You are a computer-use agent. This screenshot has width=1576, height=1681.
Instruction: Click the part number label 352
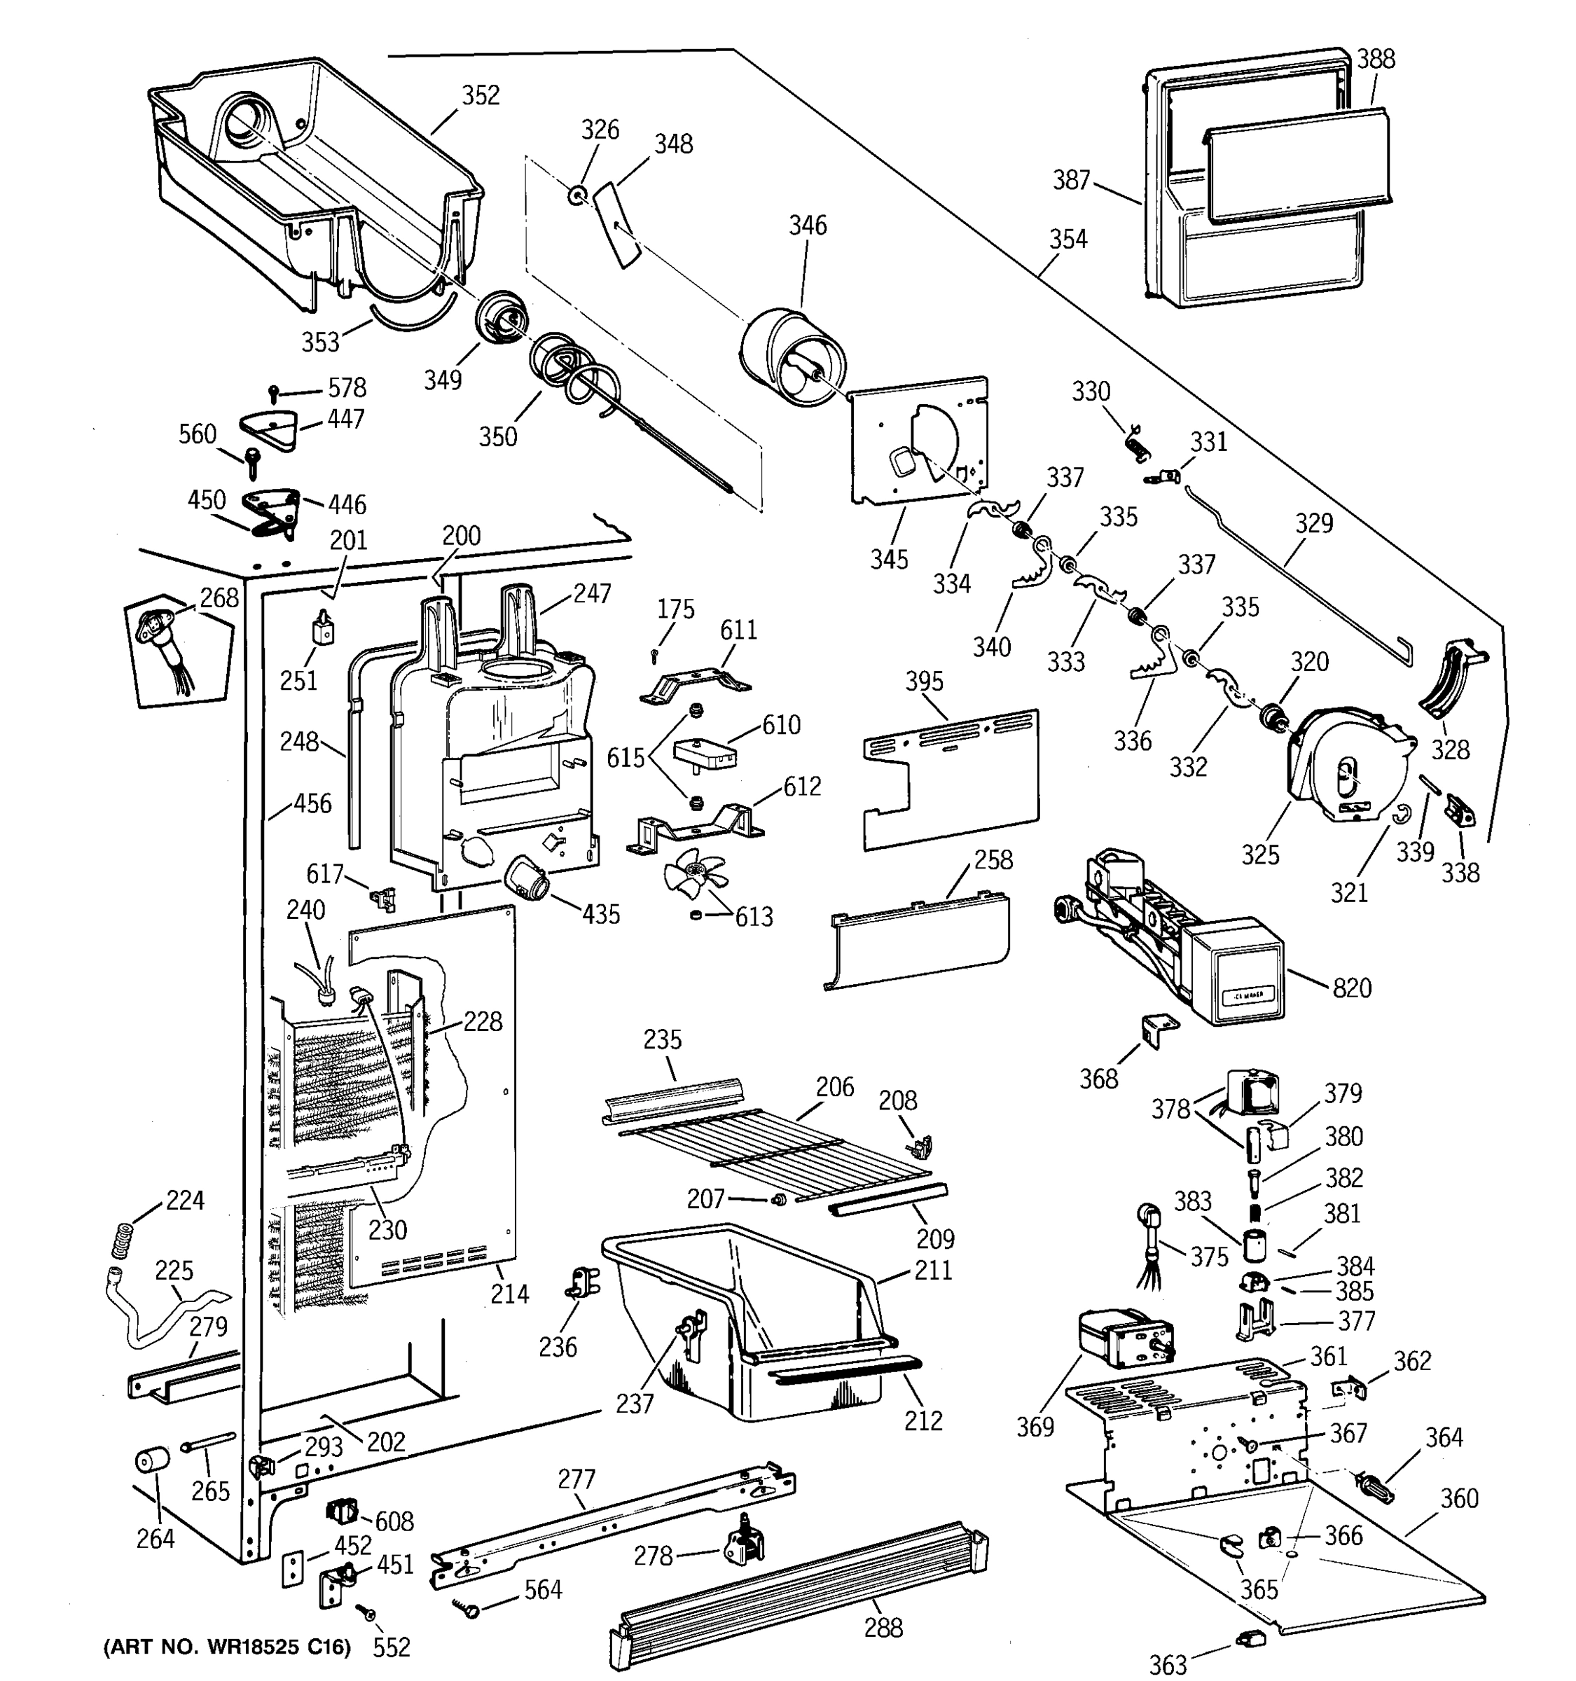pyautogui.click(x=481, y=95)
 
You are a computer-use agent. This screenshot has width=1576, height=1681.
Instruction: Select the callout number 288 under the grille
pyautogui.click(x=883, y=1627)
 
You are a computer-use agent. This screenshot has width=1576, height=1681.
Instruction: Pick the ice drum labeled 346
pyautogui.click(x=792, y=359)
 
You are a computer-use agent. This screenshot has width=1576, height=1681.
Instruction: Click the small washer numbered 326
pyautogui.click(x=576, y=196)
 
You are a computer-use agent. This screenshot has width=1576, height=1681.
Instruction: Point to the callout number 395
pyautogui.click(x=923, y=681)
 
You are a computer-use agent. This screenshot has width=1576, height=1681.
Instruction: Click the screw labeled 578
pyautogui.click(x=274, y=392)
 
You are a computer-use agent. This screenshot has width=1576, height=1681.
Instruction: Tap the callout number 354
pyautogui.click(x=1068, y=240)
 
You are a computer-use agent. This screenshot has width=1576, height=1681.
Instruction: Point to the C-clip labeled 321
pyautogui.click(x=1400, y=815)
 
